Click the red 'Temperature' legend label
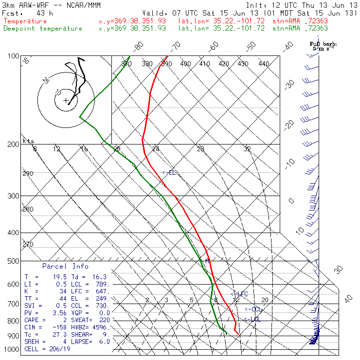pyautogui.click(x=25, y=21)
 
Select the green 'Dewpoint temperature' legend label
pyautogui.click(x=43, y=29)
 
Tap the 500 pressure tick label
pyautogui.click(x=13, y=261)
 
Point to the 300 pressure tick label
pyautogui.click(x=13, y=196)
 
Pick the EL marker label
pyautogui.click(x=169, y=173)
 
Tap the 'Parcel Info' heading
pyautogui.click(x=65, y=267)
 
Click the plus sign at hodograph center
pyautogui.click(x=66, y=101)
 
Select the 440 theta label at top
pyautogui.click(x=263, y=64)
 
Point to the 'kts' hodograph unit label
pyautogui.click(x=29, y=141)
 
